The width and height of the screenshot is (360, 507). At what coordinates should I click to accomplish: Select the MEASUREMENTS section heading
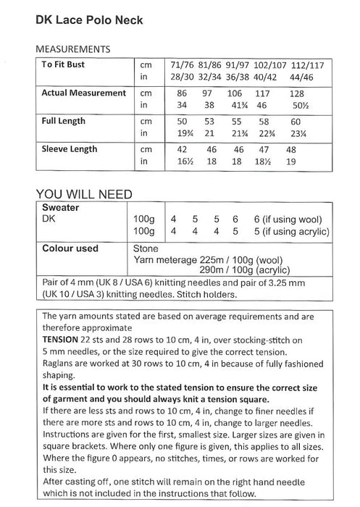(72, 50)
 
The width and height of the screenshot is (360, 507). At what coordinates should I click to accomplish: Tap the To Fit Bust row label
(66, 65)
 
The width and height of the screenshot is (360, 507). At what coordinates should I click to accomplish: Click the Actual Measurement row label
(83, 93)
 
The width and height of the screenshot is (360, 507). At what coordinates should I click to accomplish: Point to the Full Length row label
(63, 120)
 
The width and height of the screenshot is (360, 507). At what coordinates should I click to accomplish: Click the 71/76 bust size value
(179, 65)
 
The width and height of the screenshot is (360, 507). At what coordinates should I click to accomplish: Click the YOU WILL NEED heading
(84, 194)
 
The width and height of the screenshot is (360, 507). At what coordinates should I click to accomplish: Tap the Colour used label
(70, 248)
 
